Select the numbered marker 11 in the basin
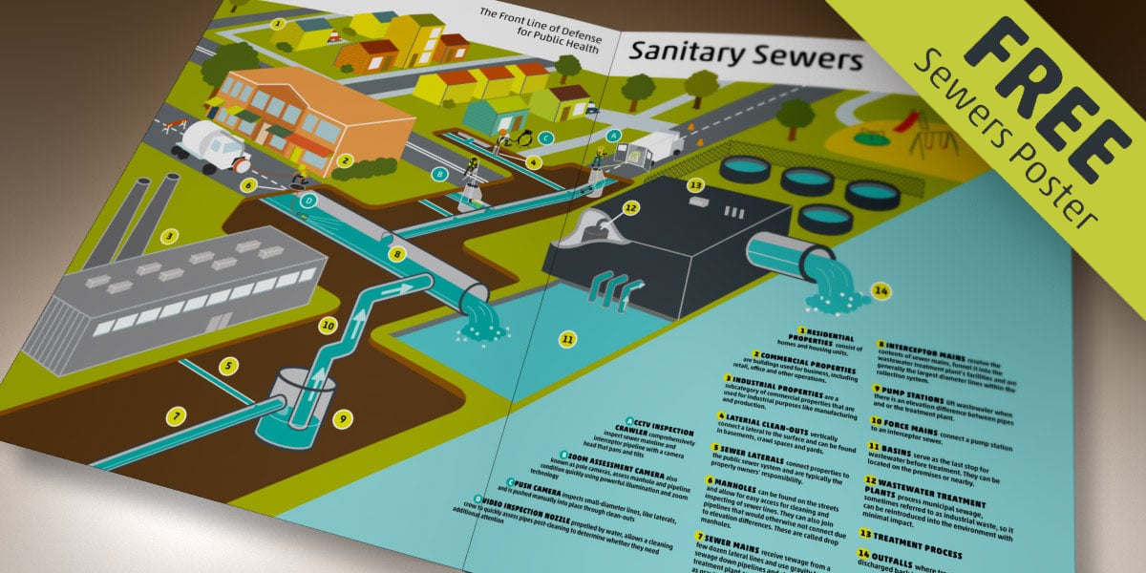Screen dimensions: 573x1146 point(568,338)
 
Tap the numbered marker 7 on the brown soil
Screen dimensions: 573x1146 point(174,416)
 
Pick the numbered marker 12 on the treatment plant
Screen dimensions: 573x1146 point(629,206)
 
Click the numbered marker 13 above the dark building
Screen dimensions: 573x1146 point(696,184)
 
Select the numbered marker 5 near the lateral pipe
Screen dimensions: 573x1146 point(229,364)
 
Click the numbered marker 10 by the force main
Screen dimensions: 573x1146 point(329,325)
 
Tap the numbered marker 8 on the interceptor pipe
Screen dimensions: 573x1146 point(398,254)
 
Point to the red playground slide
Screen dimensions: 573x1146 point(912,122)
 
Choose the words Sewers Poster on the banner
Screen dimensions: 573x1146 point(1012,143)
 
